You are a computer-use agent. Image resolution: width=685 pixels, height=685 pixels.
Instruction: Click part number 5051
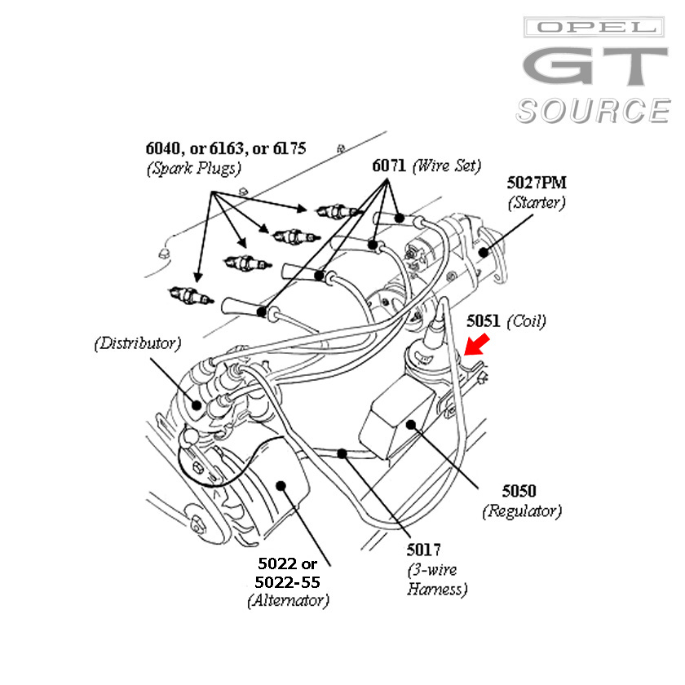(483, 321)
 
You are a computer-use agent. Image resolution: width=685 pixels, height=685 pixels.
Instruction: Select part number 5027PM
(536, 183)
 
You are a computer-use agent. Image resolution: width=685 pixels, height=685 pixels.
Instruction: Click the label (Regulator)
(522, 511)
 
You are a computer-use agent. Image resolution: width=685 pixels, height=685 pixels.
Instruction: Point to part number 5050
(519, 491)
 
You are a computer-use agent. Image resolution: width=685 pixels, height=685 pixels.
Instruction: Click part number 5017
(424, 550)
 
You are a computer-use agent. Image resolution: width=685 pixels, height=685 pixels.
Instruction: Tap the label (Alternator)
(288, 602)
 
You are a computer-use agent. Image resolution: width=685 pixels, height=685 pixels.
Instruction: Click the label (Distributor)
(136, 342)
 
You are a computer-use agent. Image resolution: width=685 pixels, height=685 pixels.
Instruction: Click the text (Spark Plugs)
(194, 168)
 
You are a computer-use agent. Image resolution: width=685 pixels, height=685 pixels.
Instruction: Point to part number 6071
(389, 166)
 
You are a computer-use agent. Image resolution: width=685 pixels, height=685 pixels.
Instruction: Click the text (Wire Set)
(445, 166)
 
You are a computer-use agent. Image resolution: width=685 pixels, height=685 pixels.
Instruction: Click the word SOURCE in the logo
(593, 111)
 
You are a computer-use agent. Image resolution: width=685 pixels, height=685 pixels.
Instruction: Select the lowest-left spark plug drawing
(187, 294)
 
